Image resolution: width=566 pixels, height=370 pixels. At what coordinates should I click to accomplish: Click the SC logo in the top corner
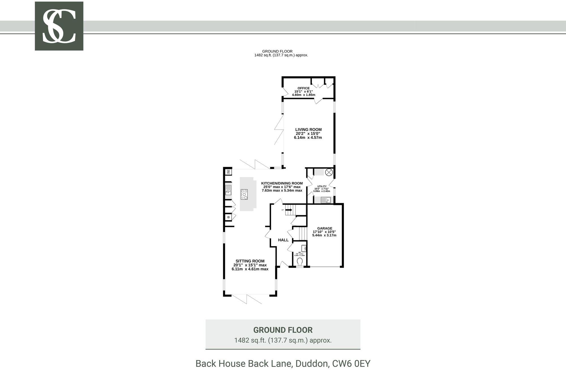pyautogui.click(x=59, y=26)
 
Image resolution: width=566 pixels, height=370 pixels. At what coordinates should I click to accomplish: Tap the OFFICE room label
pyautogui.click(x=303, y=88)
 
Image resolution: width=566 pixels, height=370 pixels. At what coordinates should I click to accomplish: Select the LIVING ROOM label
pyautogui.click(x=308, y=130)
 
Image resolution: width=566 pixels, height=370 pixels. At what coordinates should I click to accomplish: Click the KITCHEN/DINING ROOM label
pyautogui.click(x=282, y=183)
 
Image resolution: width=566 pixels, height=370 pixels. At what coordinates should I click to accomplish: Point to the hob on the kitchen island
pyautogui.click(x=244, y=194)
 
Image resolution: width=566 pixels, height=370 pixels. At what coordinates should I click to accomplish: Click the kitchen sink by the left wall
pyautogui.click(x=228, y=189)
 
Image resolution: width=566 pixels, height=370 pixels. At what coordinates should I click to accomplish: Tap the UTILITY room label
pyautogui.click(x=322, y=186)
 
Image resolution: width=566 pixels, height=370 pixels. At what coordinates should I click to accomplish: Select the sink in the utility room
pyautogui.click(x=325, y=200)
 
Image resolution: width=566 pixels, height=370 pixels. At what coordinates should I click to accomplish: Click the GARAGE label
pyautogui.click(x=325, y=228)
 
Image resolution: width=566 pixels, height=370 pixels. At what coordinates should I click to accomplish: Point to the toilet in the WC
pyautogui.click(x=300, y=261)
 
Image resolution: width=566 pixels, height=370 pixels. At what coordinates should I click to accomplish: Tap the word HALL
pyautogui.click(x=283, y=240)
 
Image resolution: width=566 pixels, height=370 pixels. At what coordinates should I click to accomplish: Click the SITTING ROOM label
pyautogui.click(x=250, y=261)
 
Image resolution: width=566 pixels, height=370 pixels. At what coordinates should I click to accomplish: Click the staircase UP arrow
pyautogui.click(x=289, y=210)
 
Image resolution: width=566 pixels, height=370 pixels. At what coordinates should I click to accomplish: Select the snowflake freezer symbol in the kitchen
pyautogui.click(x=228, y=217)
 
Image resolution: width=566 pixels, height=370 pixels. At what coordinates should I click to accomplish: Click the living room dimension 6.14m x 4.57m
pyautogui.click(x=308, y=138)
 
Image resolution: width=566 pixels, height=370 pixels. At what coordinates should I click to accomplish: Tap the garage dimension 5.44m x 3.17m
pyautogui.click(x=324, y=235)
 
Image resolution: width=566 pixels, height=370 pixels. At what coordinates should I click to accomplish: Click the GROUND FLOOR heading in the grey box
pyautogui.click(x=283, y=330)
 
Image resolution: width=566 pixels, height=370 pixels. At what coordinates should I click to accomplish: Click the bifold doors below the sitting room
pyautogui.click(x=247, y=299)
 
